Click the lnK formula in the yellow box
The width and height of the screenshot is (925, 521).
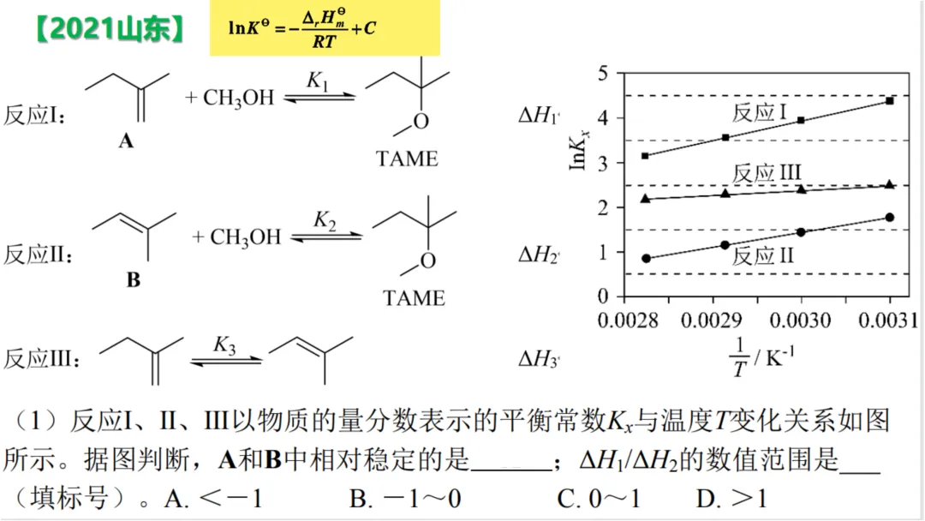click(301, 28)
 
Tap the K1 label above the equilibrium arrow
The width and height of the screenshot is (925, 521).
click(319, 81)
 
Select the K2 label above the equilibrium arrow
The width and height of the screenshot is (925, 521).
click(325, 220)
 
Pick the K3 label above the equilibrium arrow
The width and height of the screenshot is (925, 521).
click(224, 345)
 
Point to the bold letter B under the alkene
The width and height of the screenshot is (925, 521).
click(133, 280)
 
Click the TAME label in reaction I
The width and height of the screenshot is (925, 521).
click(407, 159)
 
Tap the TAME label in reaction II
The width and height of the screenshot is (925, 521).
click(415, 298)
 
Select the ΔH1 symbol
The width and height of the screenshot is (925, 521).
click(539, 117)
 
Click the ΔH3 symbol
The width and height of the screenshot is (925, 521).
click(539, 359)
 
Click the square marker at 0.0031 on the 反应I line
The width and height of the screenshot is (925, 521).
click(890, 101)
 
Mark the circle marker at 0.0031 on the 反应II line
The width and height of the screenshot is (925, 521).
click(890, 218)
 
